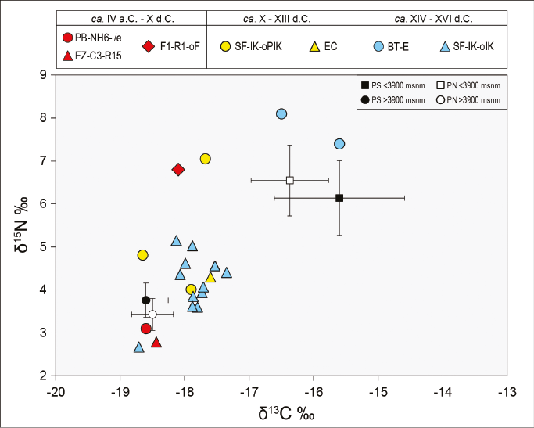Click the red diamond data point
178,169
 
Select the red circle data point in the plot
146,329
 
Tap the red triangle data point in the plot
156,342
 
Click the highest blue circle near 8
281,114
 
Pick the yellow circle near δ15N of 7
206,159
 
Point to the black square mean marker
339,198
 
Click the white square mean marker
290,180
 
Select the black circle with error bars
145,300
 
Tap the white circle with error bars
152,315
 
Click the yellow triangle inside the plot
210,277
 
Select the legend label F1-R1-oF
180,46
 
